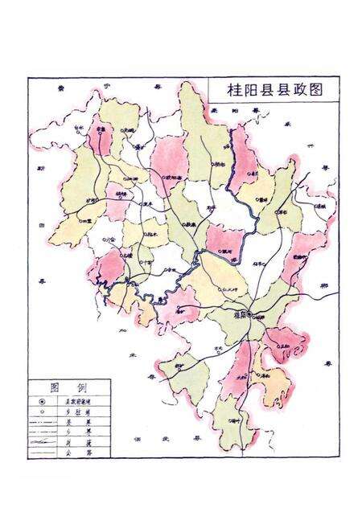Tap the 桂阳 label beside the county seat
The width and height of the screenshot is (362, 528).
pos(238,317)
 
